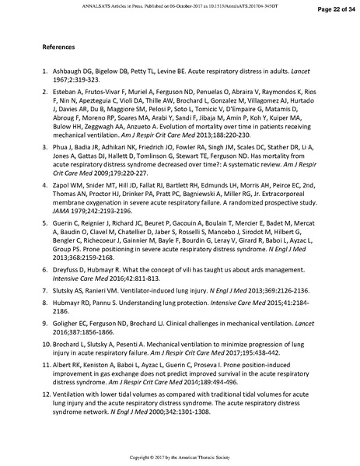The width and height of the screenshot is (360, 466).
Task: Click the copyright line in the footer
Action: (180, 456)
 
